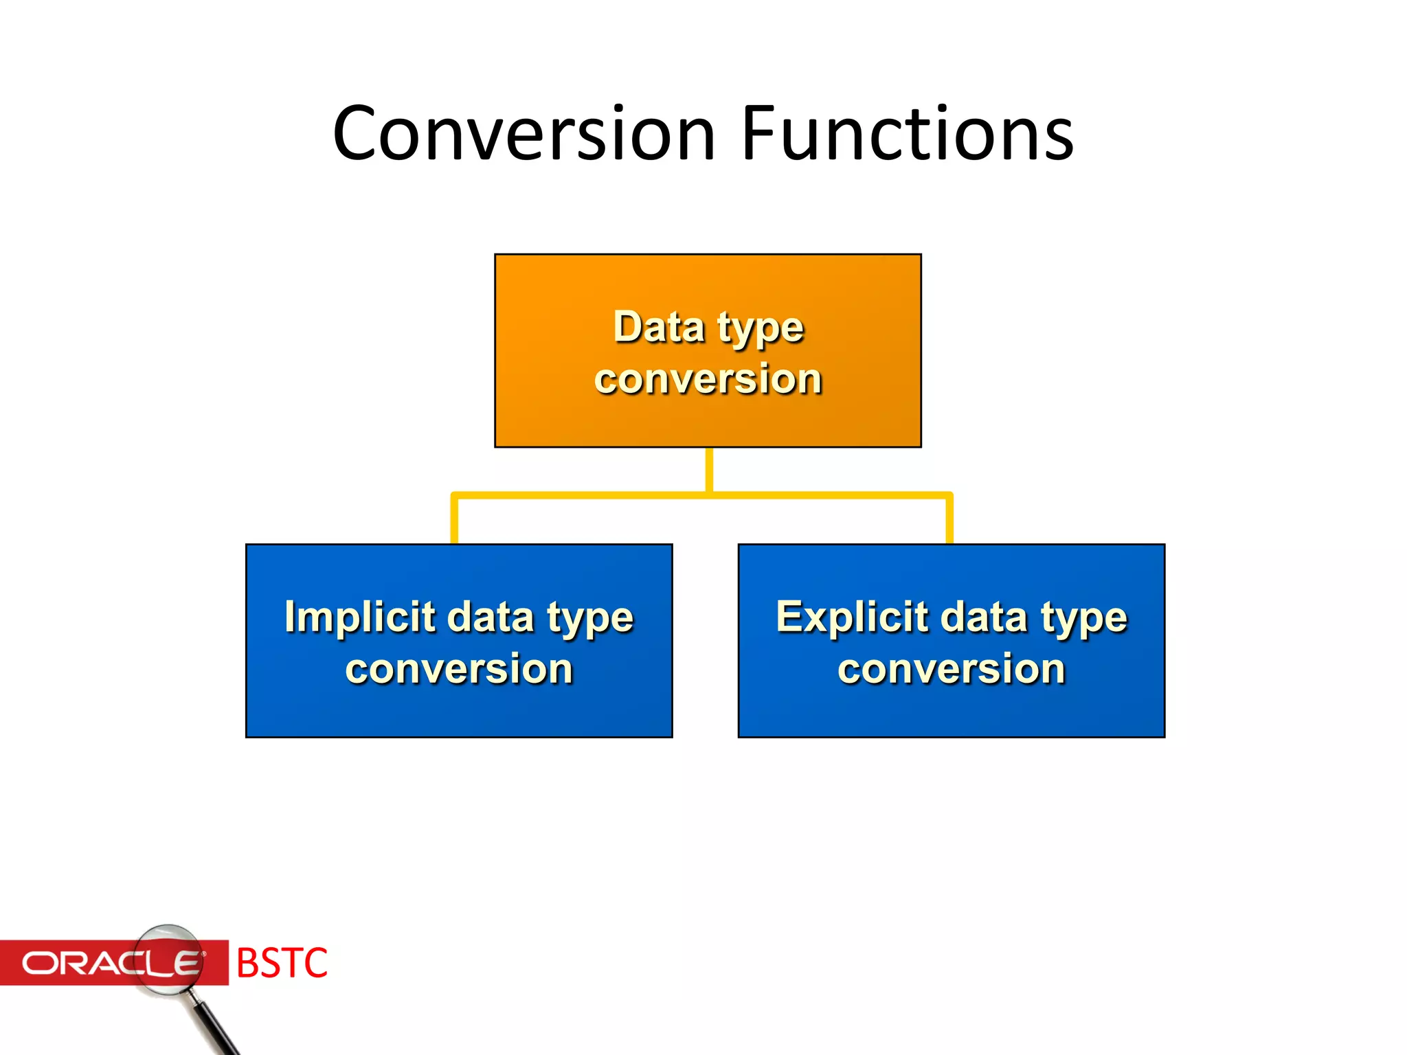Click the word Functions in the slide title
tap(907, 134)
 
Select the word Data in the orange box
tap(658, 327)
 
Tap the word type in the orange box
tap(761, 330)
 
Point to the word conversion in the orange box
tap(708, 380)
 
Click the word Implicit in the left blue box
tap(360, 617)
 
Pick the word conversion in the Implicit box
tap(459, 670)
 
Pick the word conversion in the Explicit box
tap(952, 670)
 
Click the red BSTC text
tap(282, 963)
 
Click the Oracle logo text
tap(110, 963)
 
